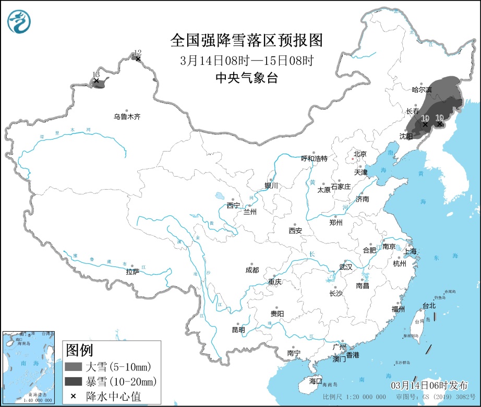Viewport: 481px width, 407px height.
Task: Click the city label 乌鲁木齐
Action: coord(127,117)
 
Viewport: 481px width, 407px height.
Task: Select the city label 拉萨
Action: coord(133,272)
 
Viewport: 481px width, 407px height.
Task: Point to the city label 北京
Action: coord(360,154)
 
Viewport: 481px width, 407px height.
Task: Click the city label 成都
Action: coord(251,270)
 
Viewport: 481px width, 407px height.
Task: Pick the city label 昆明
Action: coord(238,330)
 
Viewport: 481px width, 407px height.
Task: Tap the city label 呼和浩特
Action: coord(315,158)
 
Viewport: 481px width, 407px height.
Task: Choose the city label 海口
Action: coord(315,381)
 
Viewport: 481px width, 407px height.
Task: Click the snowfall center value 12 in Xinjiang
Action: coord(138,53)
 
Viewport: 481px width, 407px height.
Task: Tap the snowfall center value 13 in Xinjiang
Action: coord(95,75)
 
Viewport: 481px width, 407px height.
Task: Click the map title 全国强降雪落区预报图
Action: coord(247,40)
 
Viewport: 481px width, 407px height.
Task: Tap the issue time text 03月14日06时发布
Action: coord(429,385)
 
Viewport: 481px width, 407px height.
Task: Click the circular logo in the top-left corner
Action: coord(19,21)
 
